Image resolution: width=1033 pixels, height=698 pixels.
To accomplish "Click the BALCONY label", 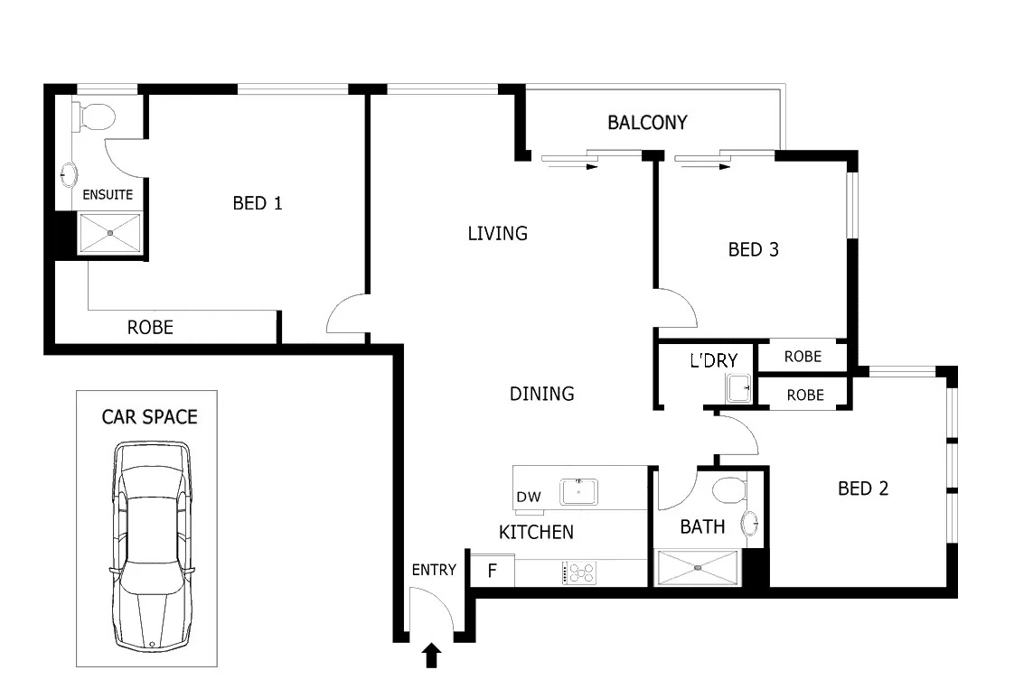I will (647, 123).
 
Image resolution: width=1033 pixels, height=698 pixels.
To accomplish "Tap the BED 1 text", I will (258, 203).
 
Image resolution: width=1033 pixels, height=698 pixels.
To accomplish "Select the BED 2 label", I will (863, 489).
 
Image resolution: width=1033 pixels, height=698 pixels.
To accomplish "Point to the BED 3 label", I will (753, 250).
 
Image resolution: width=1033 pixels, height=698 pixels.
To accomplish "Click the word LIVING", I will (497, 234).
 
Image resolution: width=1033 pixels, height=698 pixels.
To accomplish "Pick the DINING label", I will (541, 394).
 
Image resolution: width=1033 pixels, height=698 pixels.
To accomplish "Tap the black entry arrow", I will (431, 656).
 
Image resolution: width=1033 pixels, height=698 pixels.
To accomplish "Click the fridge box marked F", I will (493, 571).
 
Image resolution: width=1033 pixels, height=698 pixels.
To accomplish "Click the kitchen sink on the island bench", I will (578, 492).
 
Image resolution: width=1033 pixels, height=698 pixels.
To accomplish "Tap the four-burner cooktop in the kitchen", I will (579, 572).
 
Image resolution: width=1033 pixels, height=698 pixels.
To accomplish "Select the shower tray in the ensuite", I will (110, 234).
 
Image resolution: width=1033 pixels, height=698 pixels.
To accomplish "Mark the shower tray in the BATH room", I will (698, 568).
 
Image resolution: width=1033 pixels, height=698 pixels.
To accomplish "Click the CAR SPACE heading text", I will (149, 416).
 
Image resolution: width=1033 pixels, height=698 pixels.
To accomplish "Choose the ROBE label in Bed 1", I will (150, 327).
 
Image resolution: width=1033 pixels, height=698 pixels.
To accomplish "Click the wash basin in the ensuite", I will (70, 173).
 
